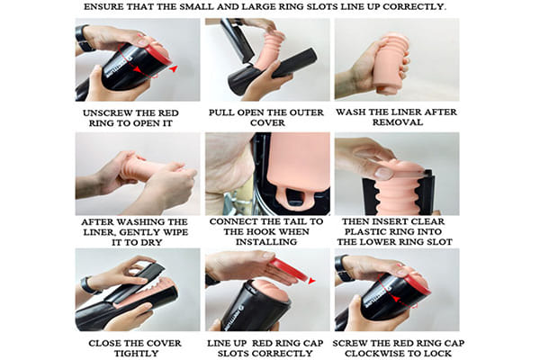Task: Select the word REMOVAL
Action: [x=398, y=122]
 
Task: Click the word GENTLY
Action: [x=141, y=232]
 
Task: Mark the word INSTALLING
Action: [x=266, y=242]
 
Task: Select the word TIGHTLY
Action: [x=137, y=354]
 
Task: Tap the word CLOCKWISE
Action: [x=374, y=354]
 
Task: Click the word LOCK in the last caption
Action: [x=437, y=354]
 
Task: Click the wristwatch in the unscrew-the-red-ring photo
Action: [x=83, y=39]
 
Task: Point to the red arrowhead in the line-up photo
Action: [x=311, y=282]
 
